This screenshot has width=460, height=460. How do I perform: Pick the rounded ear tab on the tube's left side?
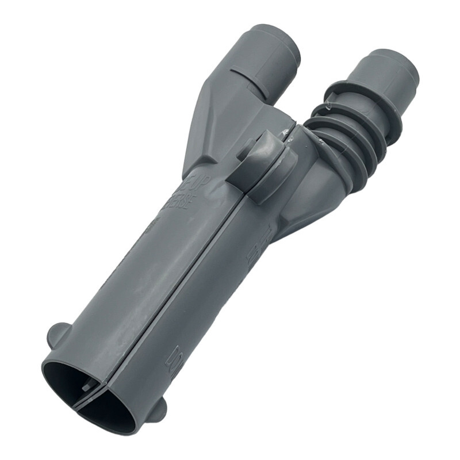pyautogui.click(x=57, y=336)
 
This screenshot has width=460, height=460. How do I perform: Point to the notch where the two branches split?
pyautogui.click(x=287, y=118)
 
